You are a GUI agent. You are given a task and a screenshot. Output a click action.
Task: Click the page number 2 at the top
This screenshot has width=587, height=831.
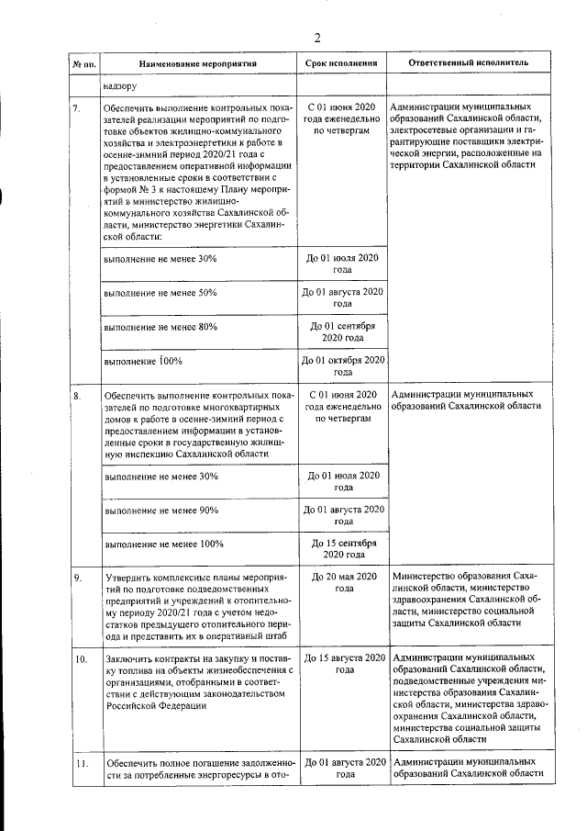(x=317, y=38)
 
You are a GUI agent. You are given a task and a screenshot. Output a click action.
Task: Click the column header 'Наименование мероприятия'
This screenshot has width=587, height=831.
(x=197, y=65)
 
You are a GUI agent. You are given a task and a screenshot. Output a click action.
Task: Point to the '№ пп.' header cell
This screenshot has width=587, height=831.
(x=84, y=65)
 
